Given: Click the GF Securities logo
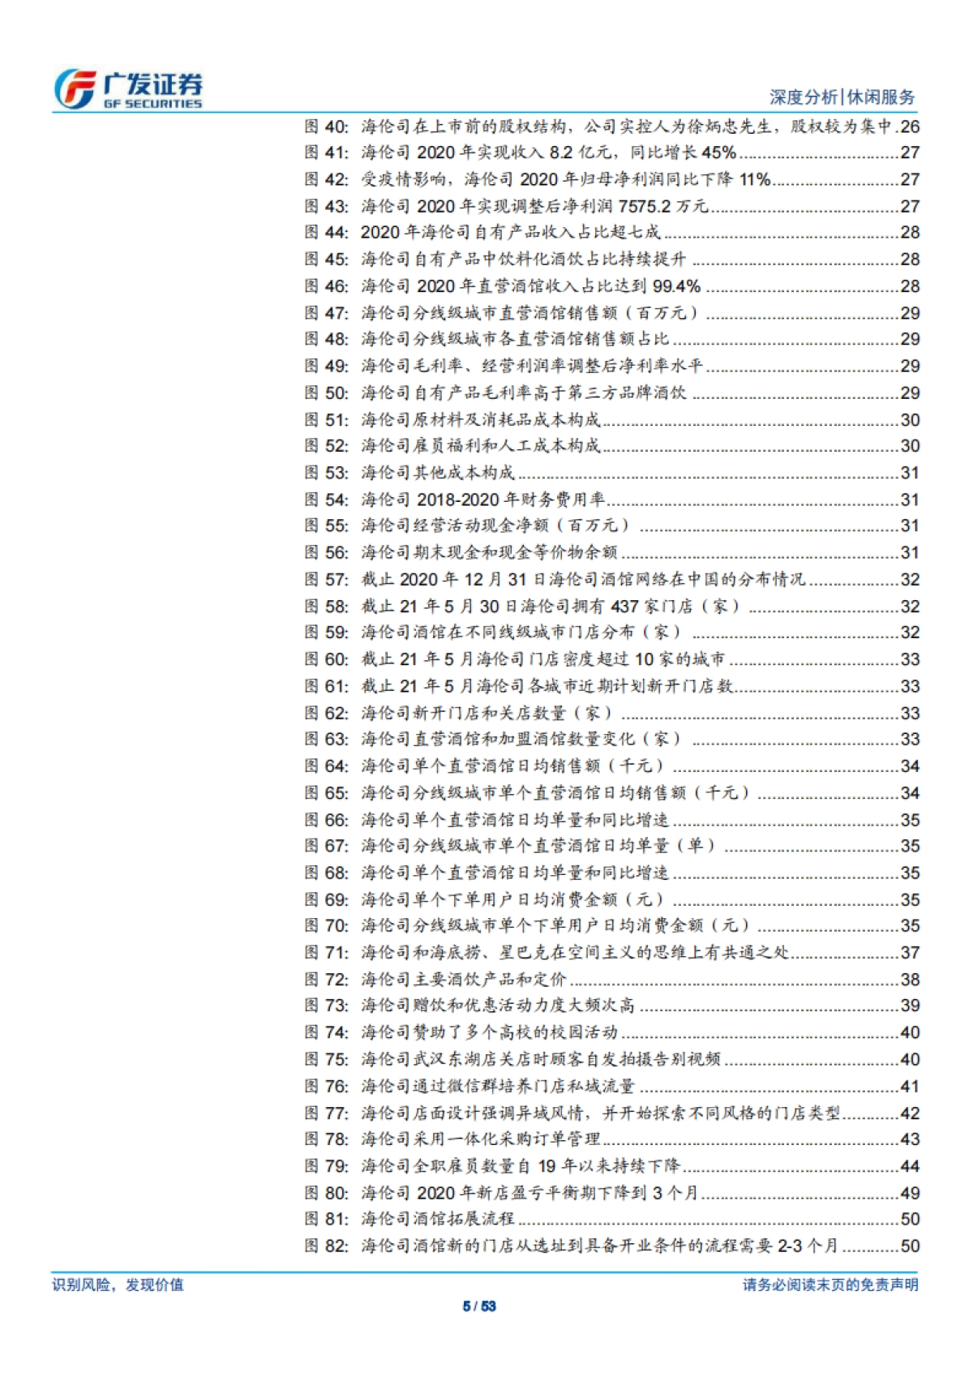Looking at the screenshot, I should point(128,89).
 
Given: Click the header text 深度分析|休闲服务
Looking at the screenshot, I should point(842,97).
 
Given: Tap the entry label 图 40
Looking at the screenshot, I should point(326,127).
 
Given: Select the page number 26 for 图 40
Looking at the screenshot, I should point(910,127).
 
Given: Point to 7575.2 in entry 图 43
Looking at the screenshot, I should point(645,206).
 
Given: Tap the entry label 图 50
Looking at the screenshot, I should point(326,393).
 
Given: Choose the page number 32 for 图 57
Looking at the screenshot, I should point(910,580).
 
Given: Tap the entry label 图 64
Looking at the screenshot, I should point(326,766).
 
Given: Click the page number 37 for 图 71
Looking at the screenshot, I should point(910,952).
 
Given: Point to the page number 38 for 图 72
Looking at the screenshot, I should point(910,979).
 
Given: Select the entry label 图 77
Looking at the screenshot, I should point(326,1113).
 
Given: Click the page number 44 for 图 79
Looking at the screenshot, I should point(910,1166).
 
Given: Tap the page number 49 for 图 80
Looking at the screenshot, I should point(910,1193).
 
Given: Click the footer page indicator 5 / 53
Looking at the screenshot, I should point(478,1306).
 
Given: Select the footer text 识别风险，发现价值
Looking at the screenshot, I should point(118,1285).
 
